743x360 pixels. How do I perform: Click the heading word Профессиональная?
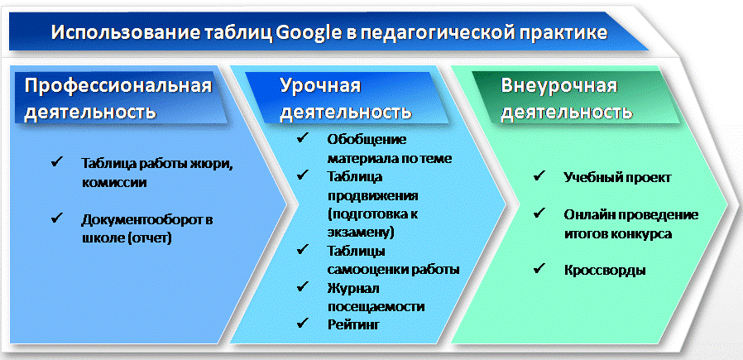[x=117, y=86]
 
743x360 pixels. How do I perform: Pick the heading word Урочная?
[x=320, y=86]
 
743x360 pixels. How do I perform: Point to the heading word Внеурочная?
[x=559, y=86]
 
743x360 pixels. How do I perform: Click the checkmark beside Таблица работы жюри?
[x=57, y=162]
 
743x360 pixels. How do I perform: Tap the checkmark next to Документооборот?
[x=57, y=217]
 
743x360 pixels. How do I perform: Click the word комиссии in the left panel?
[x=113, y=182]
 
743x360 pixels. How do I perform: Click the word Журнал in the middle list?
[x=352, y=288]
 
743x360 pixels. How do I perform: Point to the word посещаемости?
[x=376, y=306]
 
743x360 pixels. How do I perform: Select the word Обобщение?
[x=367, y=140]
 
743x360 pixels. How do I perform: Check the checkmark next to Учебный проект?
[x=539, y=175]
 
